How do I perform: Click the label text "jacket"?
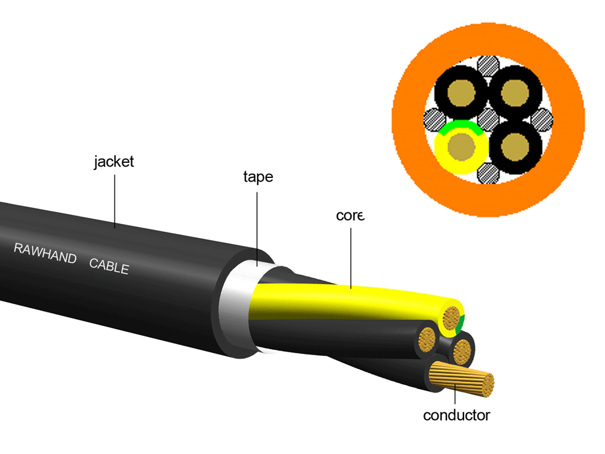click(x=114, y=162)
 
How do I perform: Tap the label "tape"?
click(x=258, y=177)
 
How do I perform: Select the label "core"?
click(x=350, y=215)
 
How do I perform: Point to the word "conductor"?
click(x=456, y=415)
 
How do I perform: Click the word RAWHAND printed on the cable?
click(x=45, y=253)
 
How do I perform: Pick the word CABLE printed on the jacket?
click(x=109, y=265)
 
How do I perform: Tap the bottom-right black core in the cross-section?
click(x=515, y=146)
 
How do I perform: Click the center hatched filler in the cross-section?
click(x=488, y=119)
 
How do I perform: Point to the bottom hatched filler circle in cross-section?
click(x=488, y=173)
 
